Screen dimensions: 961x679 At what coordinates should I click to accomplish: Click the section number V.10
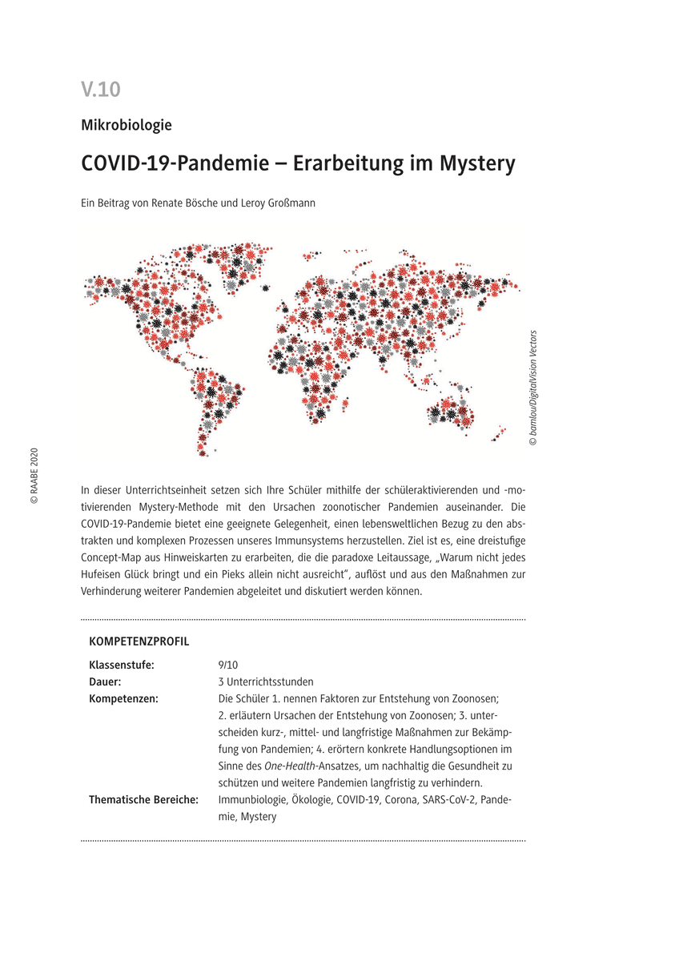[100, 90]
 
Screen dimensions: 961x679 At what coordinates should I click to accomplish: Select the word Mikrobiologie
[127, 125]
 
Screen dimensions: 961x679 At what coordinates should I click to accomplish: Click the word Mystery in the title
[477, 163]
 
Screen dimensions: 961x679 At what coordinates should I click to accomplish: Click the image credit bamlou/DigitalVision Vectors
[533, 388]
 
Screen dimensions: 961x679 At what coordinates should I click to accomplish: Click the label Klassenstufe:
[121, 665]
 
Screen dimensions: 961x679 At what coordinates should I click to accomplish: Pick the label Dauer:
[105, 682]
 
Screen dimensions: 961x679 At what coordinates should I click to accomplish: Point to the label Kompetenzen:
[123, 698]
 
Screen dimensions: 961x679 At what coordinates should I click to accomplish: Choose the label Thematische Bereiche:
[143, 799]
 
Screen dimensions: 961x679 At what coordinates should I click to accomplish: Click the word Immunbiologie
[248, 799]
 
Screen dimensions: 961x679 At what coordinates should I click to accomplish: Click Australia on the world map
[453, 408]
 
